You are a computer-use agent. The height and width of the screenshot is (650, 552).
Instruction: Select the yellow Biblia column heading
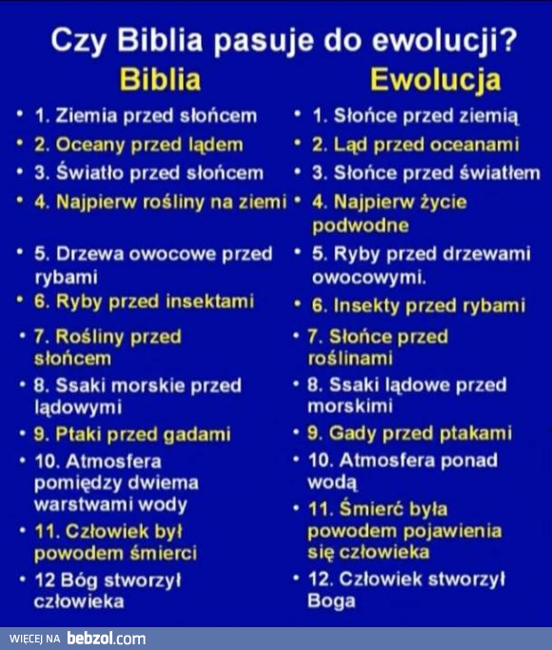(160, 79)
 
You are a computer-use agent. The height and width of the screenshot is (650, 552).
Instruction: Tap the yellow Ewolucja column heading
(435, 80)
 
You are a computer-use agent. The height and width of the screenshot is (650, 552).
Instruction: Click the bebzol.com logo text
(106, 638)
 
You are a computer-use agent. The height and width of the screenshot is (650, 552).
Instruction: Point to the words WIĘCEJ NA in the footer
(35, 639)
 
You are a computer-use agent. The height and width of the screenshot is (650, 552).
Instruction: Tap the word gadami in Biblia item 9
(194, 434)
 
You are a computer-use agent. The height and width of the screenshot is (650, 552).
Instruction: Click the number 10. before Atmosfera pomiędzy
(46, 461)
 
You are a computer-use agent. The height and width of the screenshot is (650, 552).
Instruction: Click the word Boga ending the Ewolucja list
(332, 601)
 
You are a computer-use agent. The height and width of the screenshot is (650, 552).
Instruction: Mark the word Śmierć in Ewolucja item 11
(369, 508)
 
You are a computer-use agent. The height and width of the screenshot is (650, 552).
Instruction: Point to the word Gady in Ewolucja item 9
(351, 433)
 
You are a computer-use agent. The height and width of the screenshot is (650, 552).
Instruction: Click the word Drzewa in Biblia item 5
(87, 254)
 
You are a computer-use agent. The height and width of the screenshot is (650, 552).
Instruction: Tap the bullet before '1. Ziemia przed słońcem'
(19, 115)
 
